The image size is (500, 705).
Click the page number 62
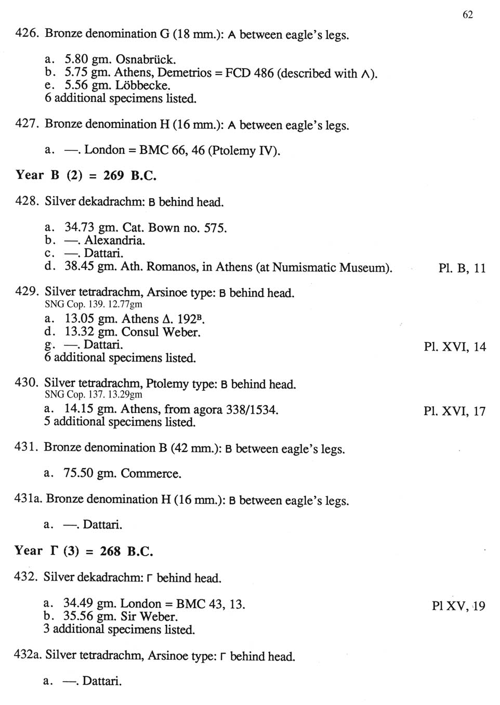pos(467,15)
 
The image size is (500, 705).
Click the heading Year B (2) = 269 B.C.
pos(86,175)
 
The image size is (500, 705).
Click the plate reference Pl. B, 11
pos(462,268)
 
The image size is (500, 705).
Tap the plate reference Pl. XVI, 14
pos(455,347)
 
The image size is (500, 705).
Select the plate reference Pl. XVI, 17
pos(455,411)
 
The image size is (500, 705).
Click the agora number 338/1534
pos(252,409)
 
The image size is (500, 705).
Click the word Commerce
pos(151,473)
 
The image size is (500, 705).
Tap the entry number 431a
pos(28,499)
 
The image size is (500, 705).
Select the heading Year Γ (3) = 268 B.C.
pos(84,551)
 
